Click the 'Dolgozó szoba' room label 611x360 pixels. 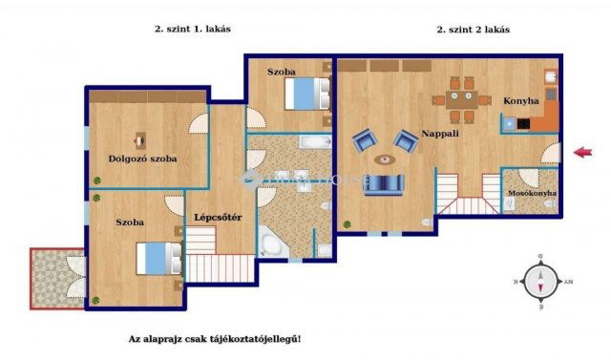(142, 159)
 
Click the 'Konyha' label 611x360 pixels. (521, 100)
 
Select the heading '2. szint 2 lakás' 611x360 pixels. (473, 30)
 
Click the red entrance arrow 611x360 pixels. (581, 151)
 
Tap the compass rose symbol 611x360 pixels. (541, 281)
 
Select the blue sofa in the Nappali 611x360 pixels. (386, 183)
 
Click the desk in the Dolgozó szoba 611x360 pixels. (140, 140)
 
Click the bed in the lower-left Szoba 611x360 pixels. (158, 258)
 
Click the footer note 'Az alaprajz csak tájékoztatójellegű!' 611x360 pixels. (221, 340)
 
